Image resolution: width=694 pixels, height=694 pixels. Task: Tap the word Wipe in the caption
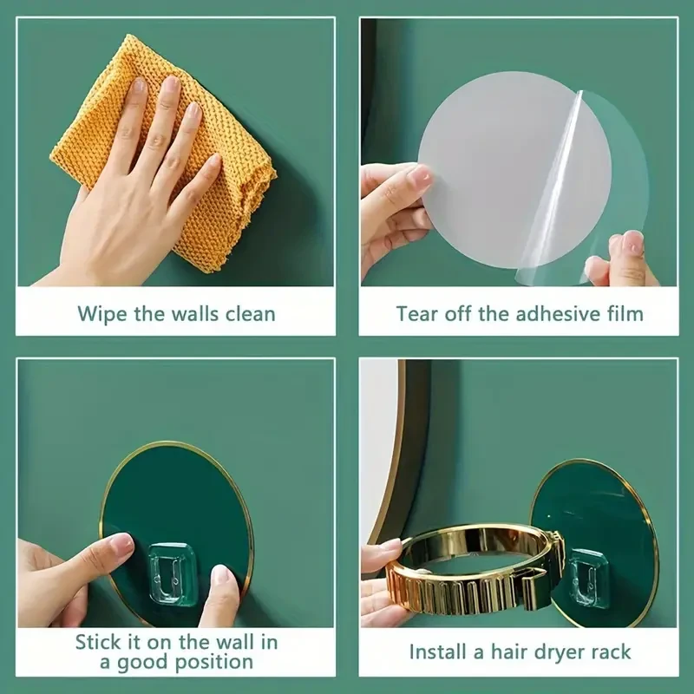pos(101,314)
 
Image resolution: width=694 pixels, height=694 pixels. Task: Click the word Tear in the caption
pos(417,314)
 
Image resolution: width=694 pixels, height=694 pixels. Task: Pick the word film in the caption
pos(625,314)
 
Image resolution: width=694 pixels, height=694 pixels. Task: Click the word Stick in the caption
pos(97,642)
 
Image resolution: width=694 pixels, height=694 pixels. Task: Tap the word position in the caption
pos(214,663)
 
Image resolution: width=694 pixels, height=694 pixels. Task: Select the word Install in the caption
pos(438,652)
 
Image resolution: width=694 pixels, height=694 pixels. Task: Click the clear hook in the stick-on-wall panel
pos(172,573)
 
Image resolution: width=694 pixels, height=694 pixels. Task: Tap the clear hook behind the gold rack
pos(586,578)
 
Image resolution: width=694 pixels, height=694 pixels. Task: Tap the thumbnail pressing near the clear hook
pos(221,576)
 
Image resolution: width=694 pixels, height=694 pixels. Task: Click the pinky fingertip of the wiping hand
pos(214,160)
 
